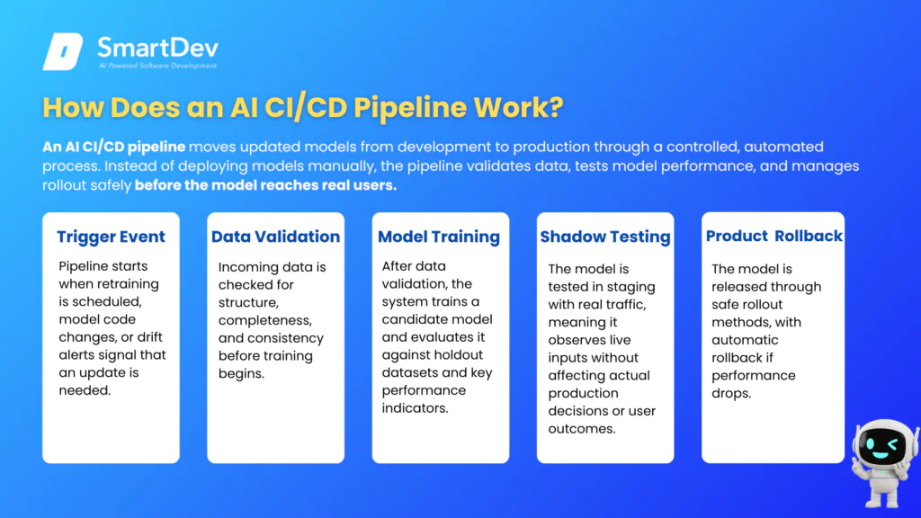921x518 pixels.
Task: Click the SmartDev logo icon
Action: (63, 51)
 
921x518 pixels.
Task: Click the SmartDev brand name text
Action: (157, 48)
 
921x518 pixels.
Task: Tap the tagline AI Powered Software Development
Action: (158, 66)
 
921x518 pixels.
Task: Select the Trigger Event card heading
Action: (111, 237)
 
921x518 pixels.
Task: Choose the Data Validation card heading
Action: (275, 237)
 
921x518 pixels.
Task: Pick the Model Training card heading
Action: (439, 237)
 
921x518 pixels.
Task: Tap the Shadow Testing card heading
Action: (605, 237)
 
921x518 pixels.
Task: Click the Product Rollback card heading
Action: (774, 237)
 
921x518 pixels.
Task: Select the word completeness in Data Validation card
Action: (265, 321)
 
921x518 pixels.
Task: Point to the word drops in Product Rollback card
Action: (731, 394)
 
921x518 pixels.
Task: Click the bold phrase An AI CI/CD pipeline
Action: (114, 147)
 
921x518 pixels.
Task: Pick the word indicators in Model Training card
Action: (415, 408)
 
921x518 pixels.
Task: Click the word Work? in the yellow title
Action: (519, 108)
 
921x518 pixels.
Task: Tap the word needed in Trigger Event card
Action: (85, 390)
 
